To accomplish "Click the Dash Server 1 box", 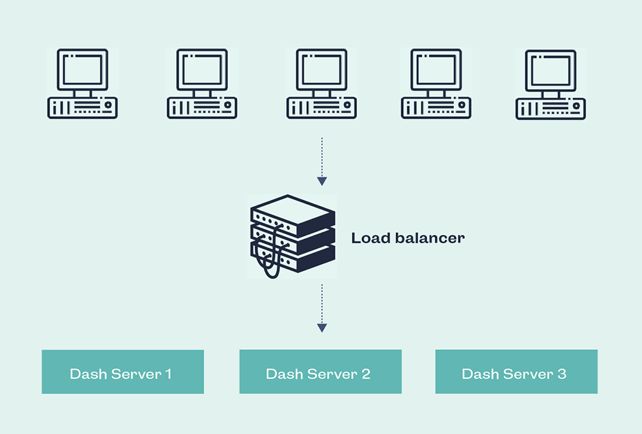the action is (123, 372).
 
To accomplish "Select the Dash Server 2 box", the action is (320, 372).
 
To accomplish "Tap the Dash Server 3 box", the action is (516, 372).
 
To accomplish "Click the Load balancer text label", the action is (408, 238).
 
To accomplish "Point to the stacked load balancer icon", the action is (293, 236).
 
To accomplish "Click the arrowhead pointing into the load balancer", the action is (322, 182).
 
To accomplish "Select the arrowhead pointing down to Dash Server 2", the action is (322, 328).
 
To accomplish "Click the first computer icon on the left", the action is (82, 83).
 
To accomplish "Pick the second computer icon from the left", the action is (202, 83).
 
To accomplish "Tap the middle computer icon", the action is (322, 83).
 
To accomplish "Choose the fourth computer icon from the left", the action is (436, 83).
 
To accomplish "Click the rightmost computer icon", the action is (551, 84).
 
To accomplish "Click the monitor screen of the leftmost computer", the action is (82, 69).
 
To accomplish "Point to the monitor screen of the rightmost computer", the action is (551, 70).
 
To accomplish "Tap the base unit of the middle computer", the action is (322, 108).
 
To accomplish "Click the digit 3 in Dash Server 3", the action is (562, 374).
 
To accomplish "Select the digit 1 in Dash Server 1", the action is (168, 374).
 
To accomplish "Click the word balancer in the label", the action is (430, 238).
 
